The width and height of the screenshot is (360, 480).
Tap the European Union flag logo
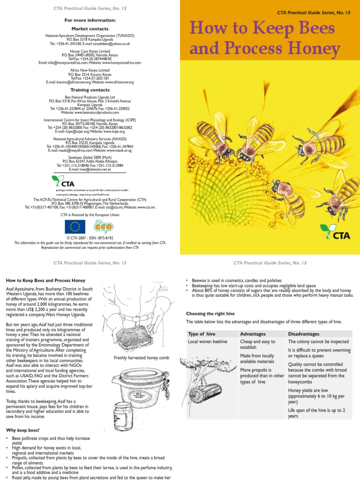75,226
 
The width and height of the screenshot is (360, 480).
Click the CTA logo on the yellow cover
335,232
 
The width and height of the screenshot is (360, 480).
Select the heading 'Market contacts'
90,29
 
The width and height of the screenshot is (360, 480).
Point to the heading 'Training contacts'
90,90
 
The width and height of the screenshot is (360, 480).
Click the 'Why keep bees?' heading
22,430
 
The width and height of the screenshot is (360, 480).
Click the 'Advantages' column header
253,334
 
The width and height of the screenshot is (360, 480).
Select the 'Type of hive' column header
202,334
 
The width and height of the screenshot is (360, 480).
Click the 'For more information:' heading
90,20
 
